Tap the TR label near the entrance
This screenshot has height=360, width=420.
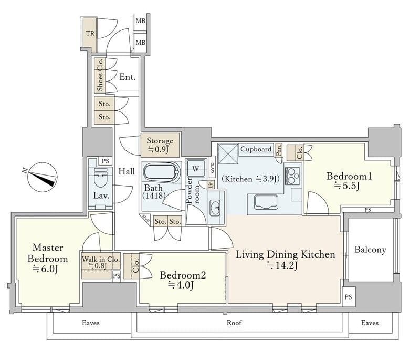(90, 33)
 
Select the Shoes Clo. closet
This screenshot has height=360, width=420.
(100, 75)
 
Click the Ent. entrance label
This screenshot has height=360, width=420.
(127, 77)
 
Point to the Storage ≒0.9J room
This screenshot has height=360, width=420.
(160, 145)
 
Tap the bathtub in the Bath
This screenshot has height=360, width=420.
(161, 173)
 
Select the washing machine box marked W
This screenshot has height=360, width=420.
(195, 169)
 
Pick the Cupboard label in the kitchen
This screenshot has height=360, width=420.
(256, 149)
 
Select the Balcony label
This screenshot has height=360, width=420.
(370, 250)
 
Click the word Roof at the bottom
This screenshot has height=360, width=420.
(234, 323)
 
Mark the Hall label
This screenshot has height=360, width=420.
(127, 171)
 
